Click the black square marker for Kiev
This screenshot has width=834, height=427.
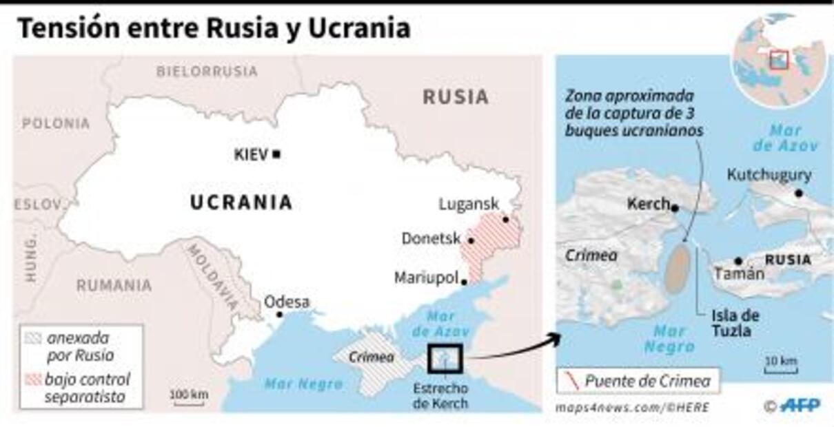276,154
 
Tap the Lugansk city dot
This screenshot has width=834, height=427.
505,220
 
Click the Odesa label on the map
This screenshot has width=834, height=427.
287,302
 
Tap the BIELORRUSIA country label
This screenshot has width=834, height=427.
207,71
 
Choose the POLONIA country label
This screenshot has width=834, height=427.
56,124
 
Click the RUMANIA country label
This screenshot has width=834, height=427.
114,285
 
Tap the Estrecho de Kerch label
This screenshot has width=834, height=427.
440,395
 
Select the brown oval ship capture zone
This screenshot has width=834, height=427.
679,269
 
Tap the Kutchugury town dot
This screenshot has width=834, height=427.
799,194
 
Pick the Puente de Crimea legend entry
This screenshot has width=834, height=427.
638,380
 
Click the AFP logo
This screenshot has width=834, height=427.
801,406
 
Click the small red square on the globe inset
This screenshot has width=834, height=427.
779,60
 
